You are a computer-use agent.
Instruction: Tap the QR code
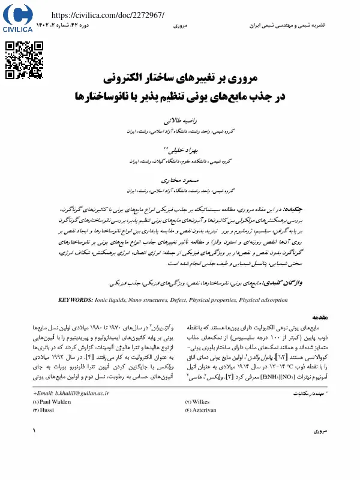click(24, 58)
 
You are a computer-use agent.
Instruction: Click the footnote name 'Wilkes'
click(205, 401)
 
